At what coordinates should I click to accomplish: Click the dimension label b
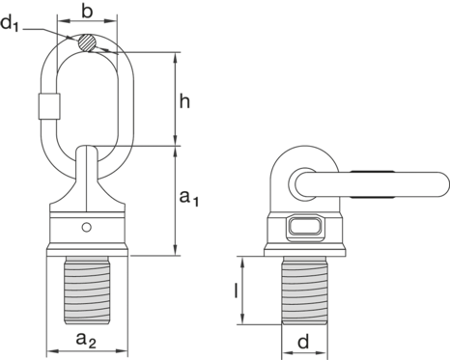click(87, 12)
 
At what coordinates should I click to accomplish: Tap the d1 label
click(10, 23)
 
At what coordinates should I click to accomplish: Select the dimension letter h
click(184, 101)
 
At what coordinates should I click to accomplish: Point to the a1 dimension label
click(189, 197)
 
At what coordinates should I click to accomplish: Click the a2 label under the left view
click(86, 340)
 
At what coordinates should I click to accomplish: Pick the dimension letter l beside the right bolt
click(237, 291)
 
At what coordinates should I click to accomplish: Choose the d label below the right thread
click(303, 342)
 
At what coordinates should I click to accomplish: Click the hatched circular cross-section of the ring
click(87, 42)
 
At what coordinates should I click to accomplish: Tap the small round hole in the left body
click(86, 227)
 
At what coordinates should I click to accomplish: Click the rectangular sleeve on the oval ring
click(49, 106)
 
